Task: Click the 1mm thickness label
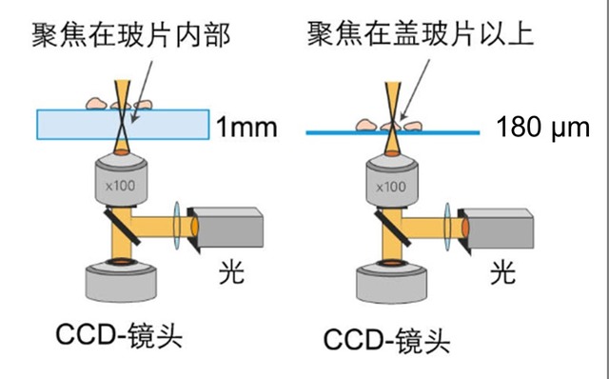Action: [x=246, y=127]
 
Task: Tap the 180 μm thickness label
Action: [x=543, y=127]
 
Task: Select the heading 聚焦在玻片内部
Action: [x=131, y=35]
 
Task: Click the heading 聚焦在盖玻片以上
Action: [x=421, y=33]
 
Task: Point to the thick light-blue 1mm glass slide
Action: [x=123, y=125]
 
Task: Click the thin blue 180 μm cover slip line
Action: [x=393, y=132]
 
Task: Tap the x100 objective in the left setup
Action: [x=121, y=180]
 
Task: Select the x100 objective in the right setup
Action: [x=392, y=181]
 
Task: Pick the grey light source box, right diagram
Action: [x=496, y=229]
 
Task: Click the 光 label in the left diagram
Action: [x=232, y=272]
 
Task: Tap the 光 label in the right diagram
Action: [x=503, y=273]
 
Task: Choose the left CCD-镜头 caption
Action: [x=119, y=334]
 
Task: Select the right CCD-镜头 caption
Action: [x=387, y=340]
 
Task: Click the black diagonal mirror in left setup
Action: [x=122, y=227]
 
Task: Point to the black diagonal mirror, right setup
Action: [x=392, y=229]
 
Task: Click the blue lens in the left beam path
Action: [x=177, y=225]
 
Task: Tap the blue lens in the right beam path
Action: [x=447, y=227]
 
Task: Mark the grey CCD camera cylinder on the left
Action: [x=121, y=282]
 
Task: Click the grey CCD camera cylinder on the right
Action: [x=392, y=283]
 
